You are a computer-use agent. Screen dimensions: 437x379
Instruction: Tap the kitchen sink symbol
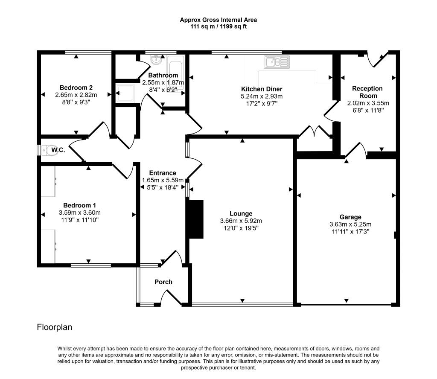coord(277,62)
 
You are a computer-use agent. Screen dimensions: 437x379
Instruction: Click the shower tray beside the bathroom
coord(125,93)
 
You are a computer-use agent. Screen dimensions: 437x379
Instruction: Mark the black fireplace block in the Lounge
coord(196,219)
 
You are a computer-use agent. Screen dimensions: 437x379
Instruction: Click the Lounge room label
coord(241,214)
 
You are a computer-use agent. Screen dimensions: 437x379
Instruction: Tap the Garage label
coord(350,217)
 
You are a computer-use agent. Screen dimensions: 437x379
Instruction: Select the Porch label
coord(163,282)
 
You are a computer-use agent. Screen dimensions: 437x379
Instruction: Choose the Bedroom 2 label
coord(76,87)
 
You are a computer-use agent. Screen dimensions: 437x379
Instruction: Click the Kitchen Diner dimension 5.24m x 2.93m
coord(262,96)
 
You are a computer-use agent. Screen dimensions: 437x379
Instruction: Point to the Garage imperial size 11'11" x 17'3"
coord(351,232)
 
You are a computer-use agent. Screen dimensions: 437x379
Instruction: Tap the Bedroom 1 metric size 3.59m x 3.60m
coord(80,213)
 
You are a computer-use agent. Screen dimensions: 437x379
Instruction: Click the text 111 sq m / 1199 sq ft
coord(218,27)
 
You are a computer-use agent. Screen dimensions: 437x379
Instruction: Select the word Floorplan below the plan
coord(55,327)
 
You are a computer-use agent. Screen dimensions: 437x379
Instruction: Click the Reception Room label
coord(367,92)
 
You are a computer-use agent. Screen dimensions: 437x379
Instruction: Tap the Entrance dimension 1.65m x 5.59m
coord(163,180)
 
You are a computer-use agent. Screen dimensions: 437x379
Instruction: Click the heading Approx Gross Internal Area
coord(218,20)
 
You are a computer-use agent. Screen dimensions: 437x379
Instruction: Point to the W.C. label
coord(58,150)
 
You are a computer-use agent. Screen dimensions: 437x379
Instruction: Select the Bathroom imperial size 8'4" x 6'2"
coord(163,90)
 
